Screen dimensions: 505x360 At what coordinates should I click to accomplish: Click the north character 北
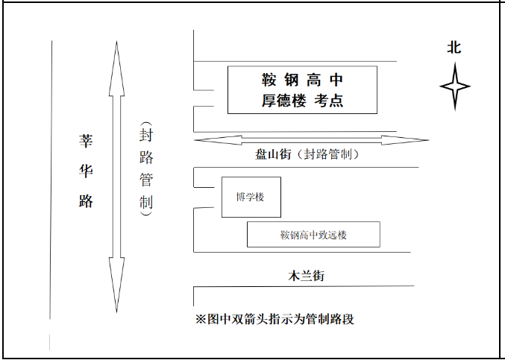(x=454, y=48)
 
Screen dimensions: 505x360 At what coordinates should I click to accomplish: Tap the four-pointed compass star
(x=455, y=86)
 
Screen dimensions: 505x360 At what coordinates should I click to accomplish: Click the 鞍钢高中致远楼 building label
(x=313, y=235)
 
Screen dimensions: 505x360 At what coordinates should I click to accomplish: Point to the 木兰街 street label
(x=306, y=276)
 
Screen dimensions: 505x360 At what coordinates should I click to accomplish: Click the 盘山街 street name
(x=274, y=154)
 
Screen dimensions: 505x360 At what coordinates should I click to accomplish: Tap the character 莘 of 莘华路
(x=86, y=141)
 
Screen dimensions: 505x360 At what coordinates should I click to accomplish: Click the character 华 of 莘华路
(x=86, y=171)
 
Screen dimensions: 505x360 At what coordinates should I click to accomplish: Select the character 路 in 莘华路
(x=86, y=200)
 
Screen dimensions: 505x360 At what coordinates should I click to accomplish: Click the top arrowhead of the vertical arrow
(x=116, y=69)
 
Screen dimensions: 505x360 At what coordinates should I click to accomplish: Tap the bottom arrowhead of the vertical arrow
(x=116, y=285)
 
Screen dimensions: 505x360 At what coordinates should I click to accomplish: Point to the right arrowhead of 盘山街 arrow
(x=405, y=140)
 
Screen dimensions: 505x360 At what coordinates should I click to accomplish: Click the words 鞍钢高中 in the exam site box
(x=302, y=80)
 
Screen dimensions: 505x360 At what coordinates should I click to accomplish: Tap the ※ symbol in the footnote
(x=201, y=319)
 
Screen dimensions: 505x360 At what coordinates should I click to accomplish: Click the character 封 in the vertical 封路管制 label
(x=146, y=135)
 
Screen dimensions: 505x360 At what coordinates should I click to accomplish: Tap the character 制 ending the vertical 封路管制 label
(x=146, y=202)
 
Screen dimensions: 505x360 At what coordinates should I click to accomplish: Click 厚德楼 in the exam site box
(x=283, y=101)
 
